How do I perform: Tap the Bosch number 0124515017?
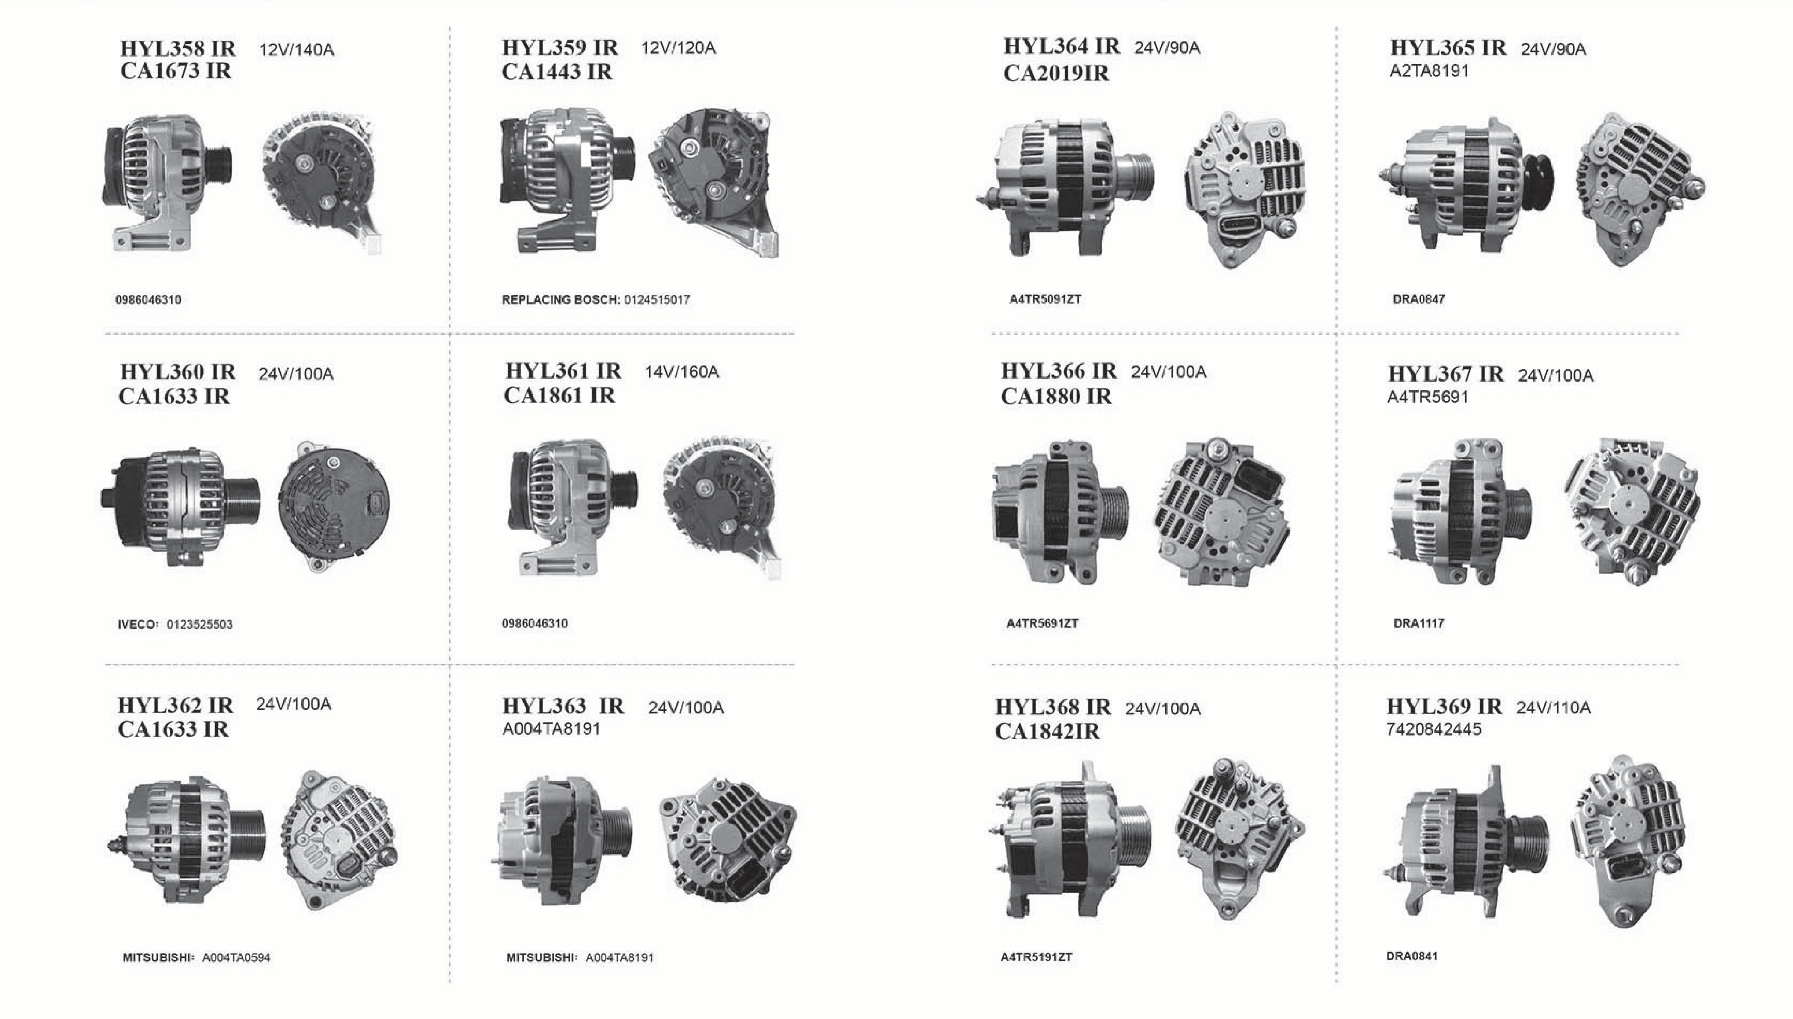(x=657, y=299)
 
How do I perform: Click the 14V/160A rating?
(x=682, y=372)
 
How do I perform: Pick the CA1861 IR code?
(x=559, y=396)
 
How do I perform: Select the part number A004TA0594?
(x=236, y=957)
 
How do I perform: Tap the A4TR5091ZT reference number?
(x=1045, y=299)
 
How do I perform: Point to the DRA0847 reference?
(x=1419, y=299)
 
